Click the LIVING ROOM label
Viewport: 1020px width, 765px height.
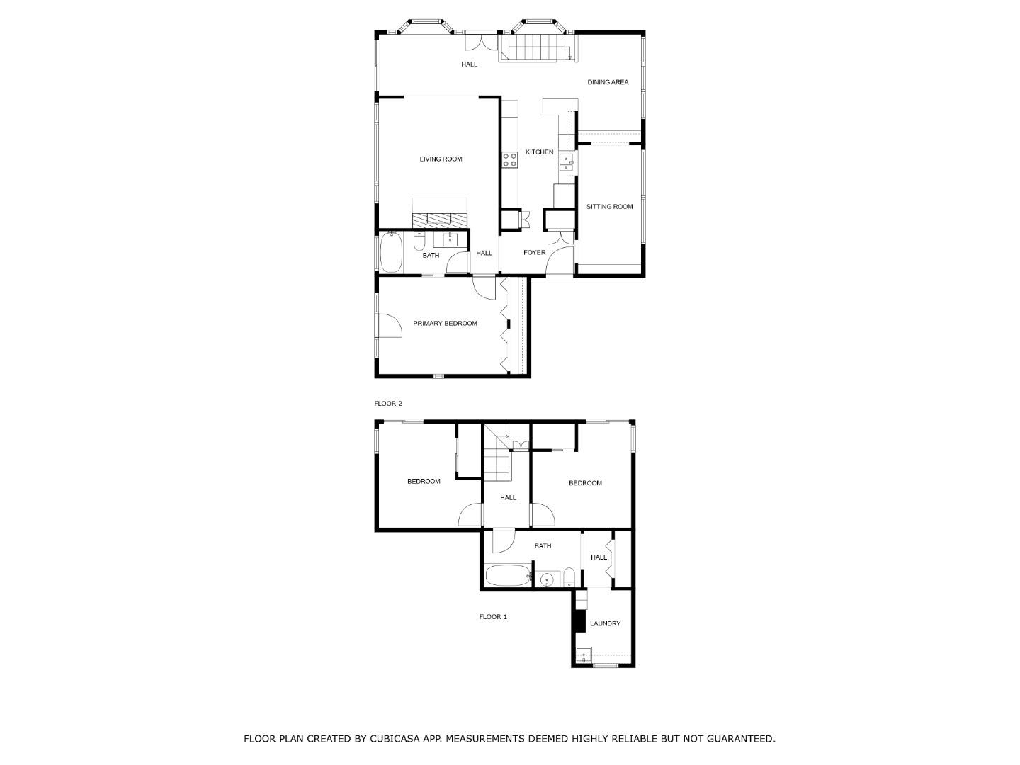coord(441,159)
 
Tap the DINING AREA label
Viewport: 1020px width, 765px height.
coord(608,83)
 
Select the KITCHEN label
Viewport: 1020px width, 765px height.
coord(539,152)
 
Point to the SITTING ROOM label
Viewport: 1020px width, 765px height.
coord(609,207)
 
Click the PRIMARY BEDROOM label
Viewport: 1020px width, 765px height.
coord(445,324)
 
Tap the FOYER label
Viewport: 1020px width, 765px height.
coord(534,253)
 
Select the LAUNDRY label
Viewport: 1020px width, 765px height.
coord(605,624)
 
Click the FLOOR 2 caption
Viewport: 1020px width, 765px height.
coord(388,404)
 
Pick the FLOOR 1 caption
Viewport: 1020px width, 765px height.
coord(493,617)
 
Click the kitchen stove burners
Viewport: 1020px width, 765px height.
coord(509,160)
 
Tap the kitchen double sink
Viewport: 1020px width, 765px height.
coord(567,163)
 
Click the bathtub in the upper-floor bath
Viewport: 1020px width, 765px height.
coord(391,254)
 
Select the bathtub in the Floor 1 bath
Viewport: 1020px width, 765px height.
coord(507,575)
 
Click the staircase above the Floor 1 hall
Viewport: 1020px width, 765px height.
coord(497,460)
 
